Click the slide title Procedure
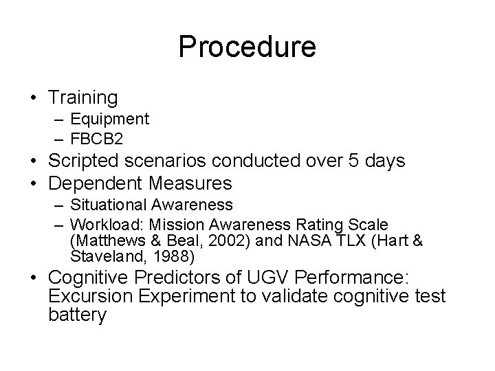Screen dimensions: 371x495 (247, 47)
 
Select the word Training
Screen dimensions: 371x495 (84, 98)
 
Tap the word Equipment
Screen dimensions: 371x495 (109, 119)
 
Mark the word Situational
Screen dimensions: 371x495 (108, 205)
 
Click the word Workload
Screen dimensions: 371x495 (100, 225)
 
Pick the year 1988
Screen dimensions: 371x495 (175, 258)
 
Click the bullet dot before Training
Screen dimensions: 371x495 (33, 98)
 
